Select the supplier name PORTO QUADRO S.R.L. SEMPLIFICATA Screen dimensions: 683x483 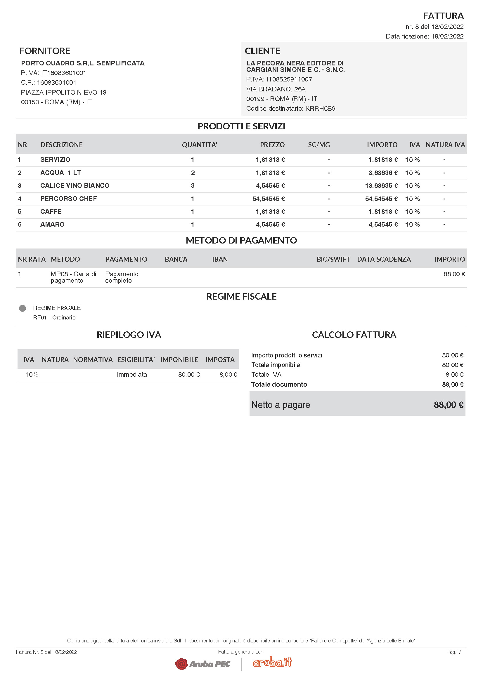coord(83,63)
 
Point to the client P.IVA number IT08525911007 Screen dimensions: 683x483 coord(289,79)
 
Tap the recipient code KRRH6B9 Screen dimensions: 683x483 coord(320,109)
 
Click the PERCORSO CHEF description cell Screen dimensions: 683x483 coord(68,199)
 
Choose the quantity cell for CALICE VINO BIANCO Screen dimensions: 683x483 coord(193,186)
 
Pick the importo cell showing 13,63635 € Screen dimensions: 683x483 coord(381,186)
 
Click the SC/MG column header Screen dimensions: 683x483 coord(319,145)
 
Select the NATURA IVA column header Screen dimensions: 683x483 coord(445,145)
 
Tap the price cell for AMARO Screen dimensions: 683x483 coord(270,225)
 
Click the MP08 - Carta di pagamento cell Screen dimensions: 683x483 coord(73,277)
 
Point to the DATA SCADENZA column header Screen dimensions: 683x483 coord(384,259)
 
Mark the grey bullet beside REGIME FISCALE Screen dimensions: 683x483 coord(22,308)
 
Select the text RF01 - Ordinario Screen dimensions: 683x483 coord(54,318)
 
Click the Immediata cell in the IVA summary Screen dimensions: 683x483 coord(132,375)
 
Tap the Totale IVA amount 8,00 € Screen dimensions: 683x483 coord(454,375)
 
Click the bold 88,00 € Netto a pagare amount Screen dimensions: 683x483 coord(448,405)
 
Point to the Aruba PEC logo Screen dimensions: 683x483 coord(203,664)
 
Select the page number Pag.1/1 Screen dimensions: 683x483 coord(454,652)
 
